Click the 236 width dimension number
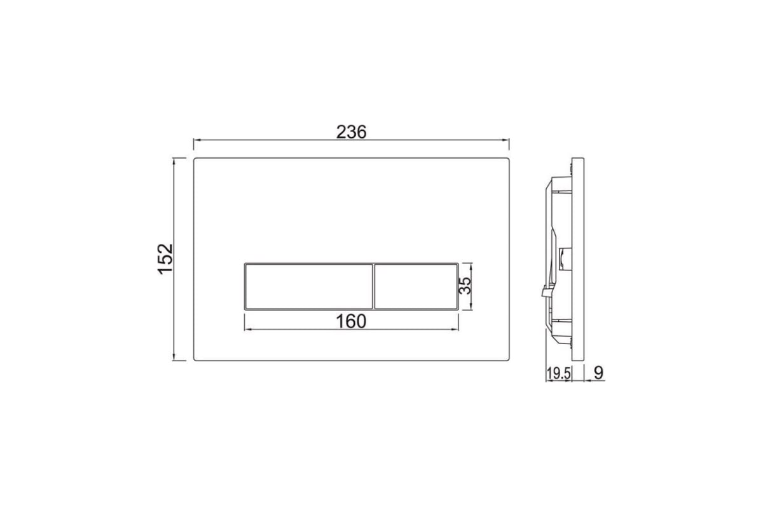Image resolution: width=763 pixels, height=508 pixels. [352, 131]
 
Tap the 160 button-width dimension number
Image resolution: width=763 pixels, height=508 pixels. [352, 321]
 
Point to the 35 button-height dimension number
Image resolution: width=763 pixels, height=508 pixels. [465, 286]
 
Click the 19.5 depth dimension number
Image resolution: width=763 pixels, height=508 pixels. [558, 374]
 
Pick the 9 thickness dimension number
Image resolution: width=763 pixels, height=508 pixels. [598, 374]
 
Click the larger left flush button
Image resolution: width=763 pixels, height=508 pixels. [308, 286]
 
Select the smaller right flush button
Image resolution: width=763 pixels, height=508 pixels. [415, 286]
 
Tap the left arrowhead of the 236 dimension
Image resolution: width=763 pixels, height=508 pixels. [196, 140]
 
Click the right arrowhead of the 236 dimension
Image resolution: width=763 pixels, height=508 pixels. [507, 140]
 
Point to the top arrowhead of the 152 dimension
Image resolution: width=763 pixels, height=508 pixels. [175, 161]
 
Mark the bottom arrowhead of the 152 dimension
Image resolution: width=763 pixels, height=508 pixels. [175, 357]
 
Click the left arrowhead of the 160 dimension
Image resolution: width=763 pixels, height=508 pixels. [249, 330]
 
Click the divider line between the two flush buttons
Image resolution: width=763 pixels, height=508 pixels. [373, 286]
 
